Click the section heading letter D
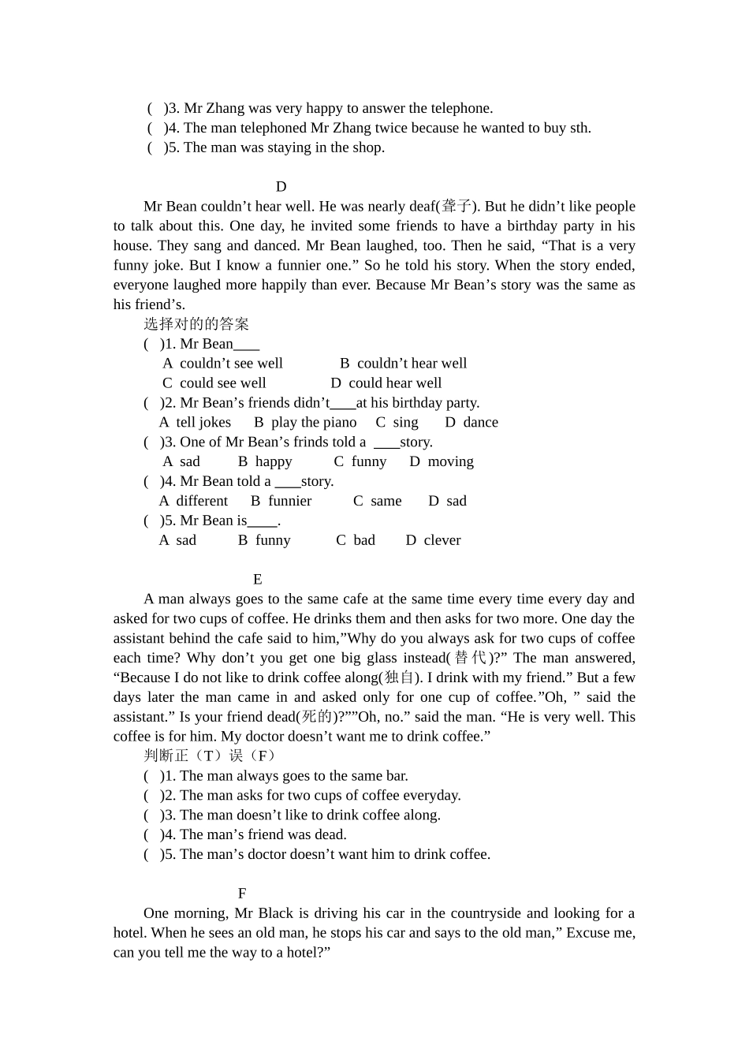[x=281, y=187]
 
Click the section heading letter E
[x=258, y=580]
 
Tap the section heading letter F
[x=242, y=894]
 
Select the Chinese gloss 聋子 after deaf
[x=457, y=207]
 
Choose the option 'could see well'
[x=222, y=383]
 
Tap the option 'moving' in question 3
[x=450, y=462]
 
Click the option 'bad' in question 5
[x=364, y=540]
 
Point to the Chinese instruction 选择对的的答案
[x=196, y=324]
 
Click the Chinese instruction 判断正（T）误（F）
[x=209, y=756]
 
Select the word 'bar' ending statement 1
[x=397, y=776]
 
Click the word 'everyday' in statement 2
[x=434, y=796]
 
